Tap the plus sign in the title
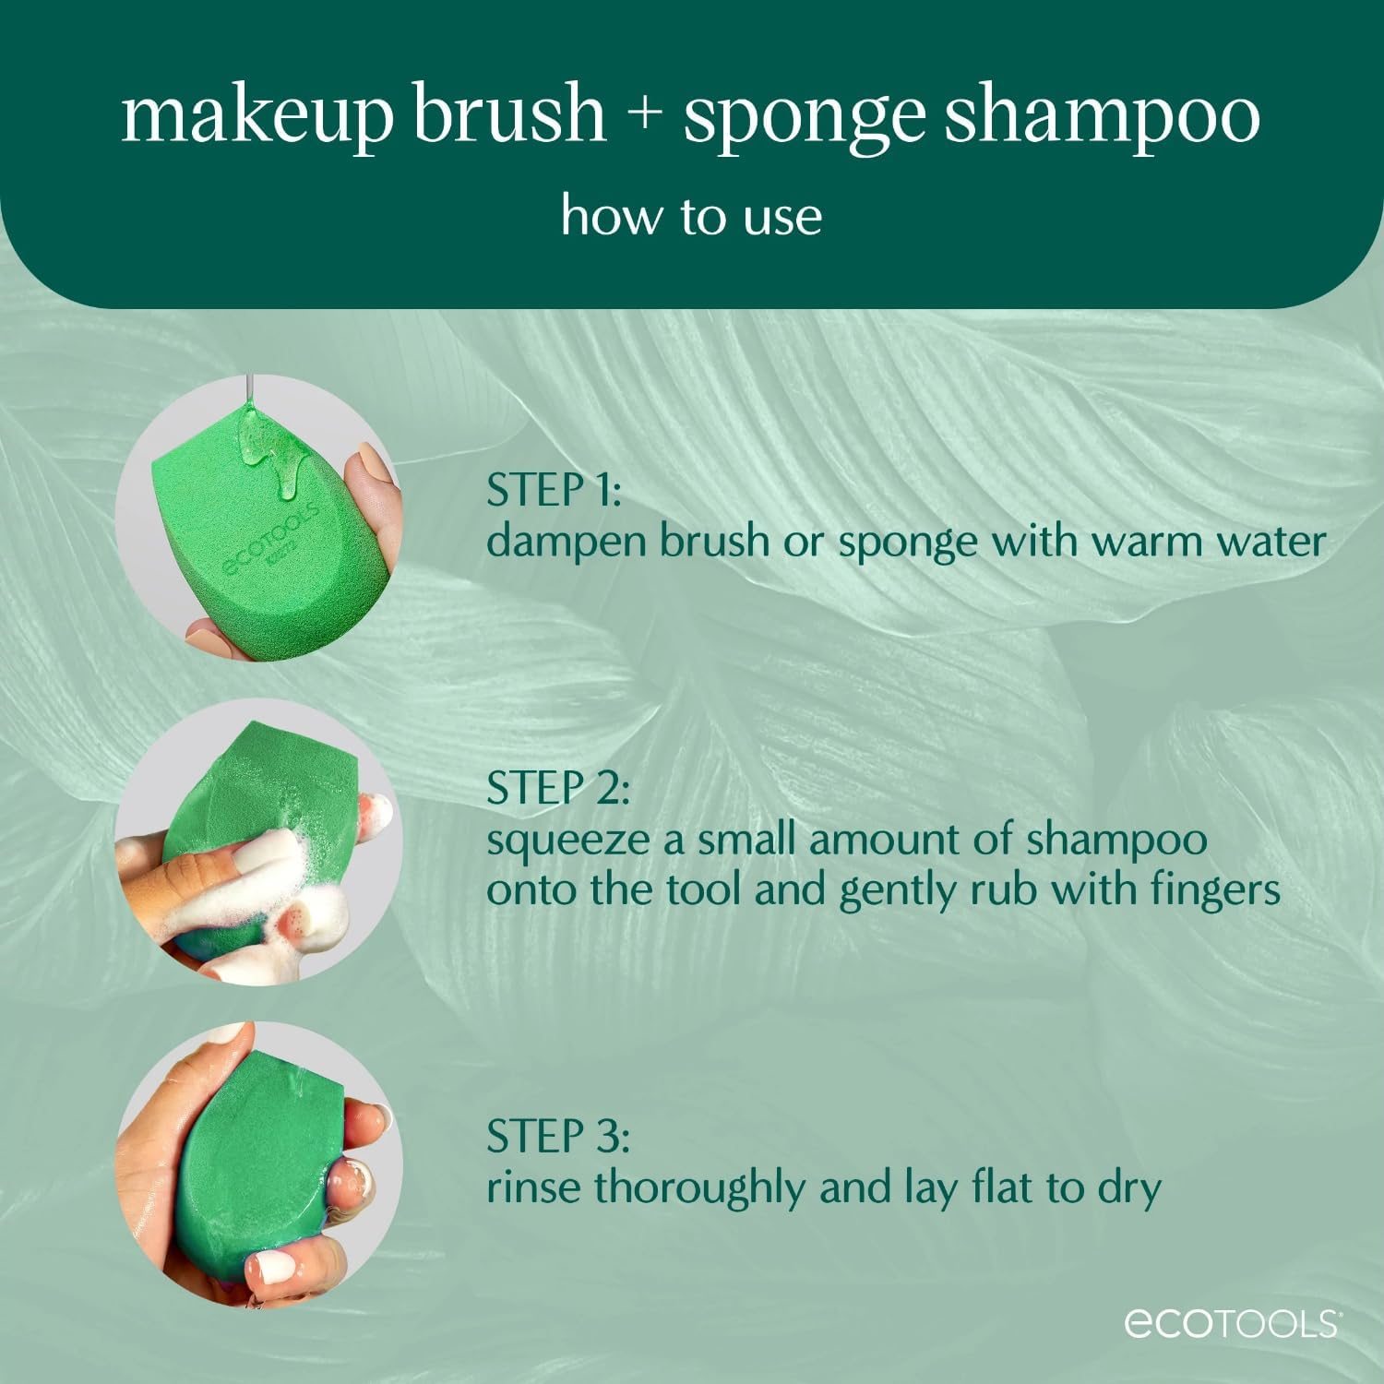643,115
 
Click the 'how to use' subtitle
691,217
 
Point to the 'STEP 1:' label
554,490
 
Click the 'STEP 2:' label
557,788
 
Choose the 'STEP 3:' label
557,1136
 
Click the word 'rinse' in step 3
534,1187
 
